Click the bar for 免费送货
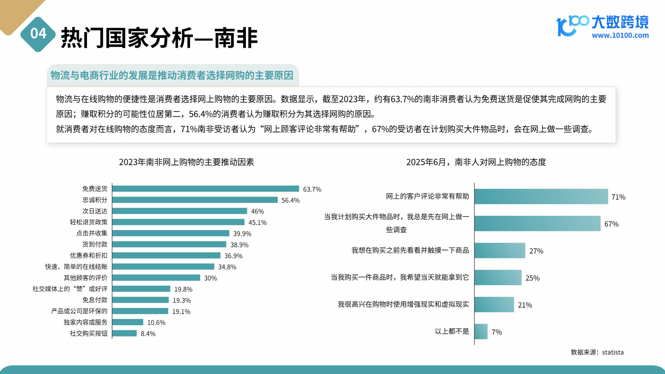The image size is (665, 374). (205, 189)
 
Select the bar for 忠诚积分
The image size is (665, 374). (195, 200)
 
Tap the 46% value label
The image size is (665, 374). (257, 211)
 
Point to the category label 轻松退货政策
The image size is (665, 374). (89, 222)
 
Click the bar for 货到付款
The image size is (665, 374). (169, 244)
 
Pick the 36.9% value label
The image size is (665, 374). (233, 256)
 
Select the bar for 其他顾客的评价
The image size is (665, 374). (156, 277)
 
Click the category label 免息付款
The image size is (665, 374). (95, 300)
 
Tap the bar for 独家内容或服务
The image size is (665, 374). (128, 322)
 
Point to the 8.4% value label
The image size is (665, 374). (148, 334)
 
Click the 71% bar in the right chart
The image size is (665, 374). (541, 196)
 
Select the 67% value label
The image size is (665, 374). (611, 224)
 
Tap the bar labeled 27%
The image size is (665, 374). (500, 250)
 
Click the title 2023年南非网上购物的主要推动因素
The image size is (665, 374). (186, 162)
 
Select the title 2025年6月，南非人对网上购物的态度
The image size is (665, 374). (476, 162)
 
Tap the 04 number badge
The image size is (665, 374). (38, 34)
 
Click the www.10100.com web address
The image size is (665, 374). (620, 35)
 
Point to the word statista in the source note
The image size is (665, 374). (613, 352)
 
